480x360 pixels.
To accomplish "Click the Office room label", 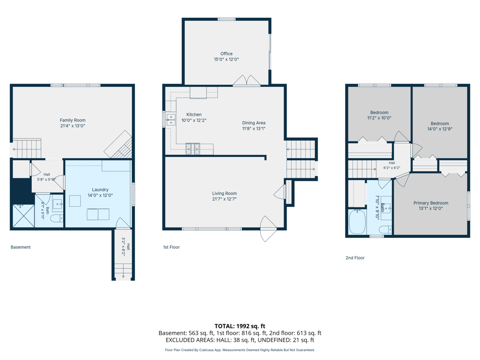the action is (226, 54).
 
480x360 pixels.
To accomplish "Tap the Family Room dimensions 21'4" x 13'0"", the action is (73, 126).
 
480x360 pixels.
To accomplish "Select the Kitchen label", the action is (194, 115).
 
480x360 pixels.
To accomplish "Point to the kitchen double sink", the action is (171, 120).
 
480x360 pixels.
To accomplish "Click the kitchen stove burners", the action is (193, 149).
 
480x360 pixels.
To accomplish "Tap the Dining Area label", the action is (254, 123).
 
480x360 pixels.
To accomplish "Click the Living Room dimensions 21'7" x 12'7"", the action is (224, 199).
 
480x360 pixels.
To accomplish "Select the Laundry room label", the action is (100, 190).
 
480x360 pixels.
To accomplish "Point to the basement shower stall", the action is (24, 216).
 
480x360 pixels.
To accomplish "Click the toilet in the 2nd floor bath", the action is (385, 230).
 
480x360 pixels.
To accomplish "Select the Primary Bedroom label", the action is (431, 203).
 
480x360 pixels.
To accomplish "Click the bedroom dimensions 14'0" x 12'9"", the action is (440, 129).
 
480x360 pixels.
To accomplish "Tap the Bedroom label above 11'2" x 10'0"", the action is (379, 113).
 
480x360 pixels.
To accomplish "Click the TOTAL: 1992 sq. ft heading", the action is (240, 326).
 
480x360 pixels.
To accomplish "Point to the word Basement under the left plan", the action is (21, 247).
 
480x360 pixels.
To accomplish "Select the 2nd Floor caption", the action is (355, 258).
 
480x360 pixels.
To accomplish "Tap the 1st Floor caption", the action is (171, 247).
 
